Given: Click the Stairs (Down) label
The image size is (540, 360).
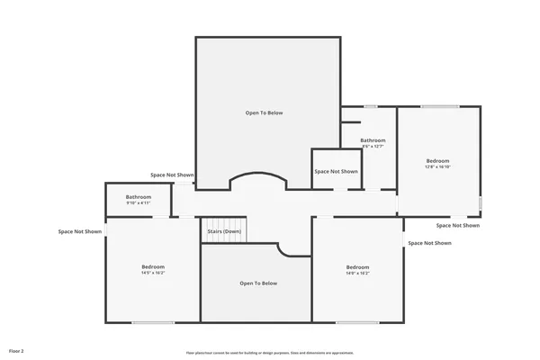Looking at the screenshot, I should click(x=224, y=231).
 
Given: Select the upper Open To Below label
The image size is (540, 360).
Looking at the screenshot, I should click(x=264, y=112).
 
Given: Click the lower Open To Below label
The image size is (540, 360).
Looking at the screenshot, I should click(x=258, y=283).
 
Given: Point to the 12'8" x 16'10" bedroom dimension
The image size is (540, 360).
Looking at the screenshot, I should click(x=437, y=166).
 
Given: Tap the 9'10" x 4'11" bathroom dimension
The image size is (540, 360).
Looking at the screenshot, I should click(x=138, y=202).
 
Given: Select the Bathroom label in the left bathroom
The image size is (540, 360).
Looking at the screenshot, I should click(x=138, y=196).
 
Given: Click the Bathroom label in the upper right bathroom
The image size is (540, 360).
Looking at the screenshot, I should click(x=373, y=140).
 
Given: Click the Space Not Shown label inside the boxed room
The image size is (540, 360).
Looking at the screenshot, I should click(x=336, y=171).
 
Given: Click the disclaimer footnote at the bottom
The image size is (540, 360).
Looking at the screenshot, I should click(x=270, y=353).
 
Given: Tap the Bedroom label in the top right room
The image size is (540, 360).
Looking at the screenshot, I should click(x=437, y=160).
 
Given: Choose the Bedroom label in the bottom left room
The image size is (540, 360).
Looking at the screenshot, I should click(x=153, y=266).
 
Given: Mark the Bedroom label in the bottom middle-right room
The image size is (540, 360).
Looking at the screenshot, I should click(x=357, y=266).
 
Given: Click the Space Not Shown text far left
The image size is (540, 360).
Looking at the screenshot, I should click(x=80, y=231).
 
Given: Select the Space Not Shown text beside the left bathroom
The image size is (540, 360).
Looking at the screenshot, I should click(x=172, y=175).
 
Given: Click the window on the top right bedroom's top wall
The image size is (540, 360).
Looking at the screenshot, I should click(x=440, y=107).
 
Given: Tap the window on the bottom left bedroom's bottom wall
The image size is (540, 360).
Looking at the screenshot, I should click(x=153, y=323).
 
